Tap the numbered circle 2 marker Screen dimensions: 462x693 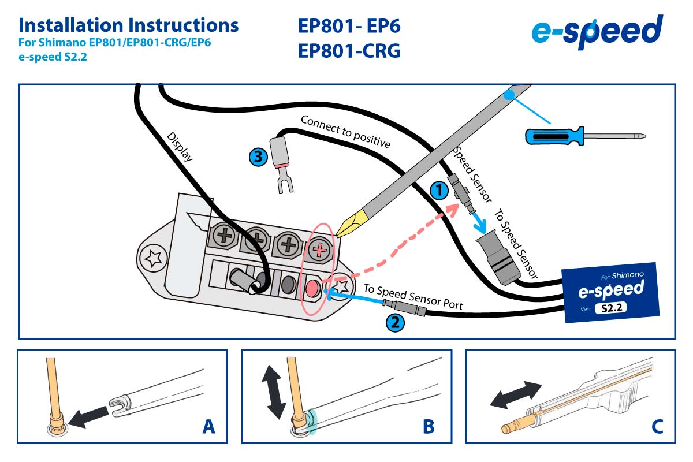tap(394, 323)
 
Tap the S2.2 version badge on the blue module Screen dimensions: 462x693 tap(610, 308)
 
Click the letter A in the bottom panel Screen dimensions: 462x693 tap(209, 427)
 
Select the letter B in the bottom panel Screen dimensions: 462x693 tap(428, 427)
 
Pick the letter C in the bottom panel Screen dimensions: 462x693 tap(657, 427)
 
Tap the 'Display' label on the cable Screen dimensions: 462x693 tap(179, 147)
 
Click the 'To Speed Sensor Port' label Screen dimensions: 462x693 tap(413, 297)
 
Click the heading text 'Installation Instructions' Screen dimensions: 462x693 tap(128, 25)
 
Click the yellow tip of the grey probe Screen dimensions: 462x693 tap(349, 225)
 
